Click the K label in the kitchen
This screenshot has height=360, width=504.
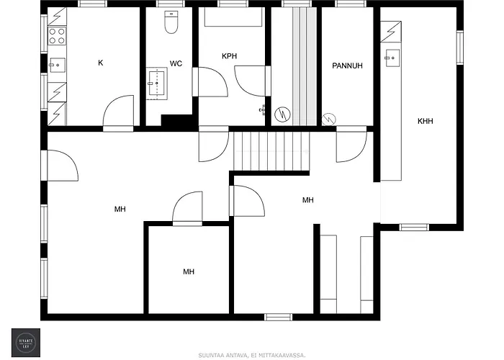[100, 63]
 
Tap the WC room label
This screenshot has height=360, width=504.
[176, 63]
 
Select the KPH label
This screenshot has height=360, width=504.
[230, 56]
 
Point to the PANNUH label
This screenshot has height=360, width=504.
[346, 66]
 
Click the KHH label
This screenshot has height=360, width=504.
[425, 122]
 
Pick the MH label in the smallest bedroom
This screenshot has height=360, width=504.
[188, 271]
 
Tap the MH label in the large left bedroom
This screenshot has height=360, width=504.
[120, 210]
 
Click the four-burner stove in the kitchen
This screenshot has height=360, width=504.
[57, 35]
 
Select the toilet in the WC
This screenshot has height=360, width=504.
[171, 24]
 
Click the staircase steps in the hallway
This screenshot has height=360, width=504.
[270, 150]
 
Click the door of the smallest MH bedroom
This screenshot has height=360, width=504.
[187, 209]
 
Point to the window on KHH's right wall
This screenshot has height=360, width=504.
[460, 48]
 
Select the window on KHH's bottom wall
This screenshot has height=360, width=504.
[414, 227]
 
